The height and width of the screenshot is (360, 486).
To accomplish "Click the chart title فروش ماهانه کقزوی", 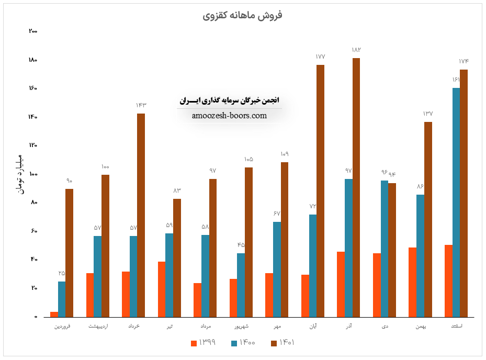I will tap(242, 15).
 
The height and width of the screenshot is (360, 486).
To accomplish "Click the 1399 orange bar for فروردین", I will tap(54, 314).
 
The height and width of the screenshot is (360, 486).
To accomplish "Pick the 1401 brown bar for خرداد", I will tap(141, 215).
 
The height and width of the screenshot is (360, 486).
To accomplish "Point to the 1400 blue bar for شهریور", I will tap(241, 285).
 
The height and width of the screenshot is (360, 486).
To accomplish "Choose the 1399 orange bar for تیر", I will tap(162, 289).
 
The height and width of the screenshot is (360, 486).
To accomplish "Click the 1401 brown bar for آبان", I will tap(320, 191).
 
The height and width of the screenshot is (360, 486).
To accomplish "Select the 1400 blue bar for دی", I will tap(385, 249).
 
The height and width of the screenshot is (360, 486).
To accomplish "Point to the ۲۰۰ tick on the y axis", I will tap(33, 31).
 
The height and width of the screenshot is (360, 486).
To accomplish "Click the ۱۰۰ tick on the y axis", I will tap(33, 174).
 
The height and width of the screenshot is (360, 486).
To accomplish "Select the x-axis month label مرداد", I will tap(205, 327).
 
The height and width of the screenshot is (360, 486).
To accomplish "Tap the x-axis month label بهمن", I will tap(421, 327).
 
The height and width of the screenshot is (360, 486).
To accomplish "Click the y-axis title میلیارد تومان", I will tap(19, 174).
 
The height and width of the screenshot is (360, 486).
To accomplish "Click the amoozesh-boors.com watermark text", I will tap(230, 116).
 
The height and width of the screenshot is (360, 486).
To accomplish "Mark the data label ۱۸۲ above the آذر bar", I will tap(356, 50).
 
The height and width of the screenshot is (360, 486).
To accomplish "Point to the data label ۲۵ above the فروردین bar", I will tap(62, 273).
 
